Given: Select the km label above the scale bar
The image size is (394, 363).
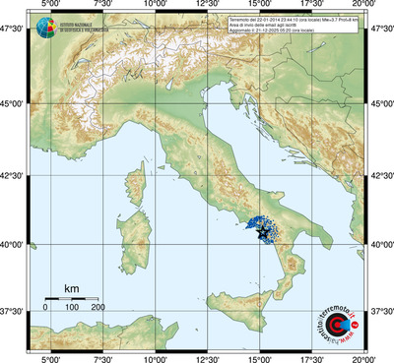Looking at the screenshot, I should pos(71,288).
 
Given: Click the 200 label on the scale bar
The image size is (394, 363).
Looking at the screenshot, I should pos(98,308).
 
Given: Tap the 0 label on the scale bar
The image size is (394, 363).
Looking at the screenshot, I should pos(45,308).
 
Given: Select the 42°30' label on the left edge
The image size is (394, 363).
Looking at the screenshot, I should pos(14,174).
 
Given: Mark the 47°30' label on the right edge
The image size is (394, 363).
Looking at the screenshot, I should pos(380,30).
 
